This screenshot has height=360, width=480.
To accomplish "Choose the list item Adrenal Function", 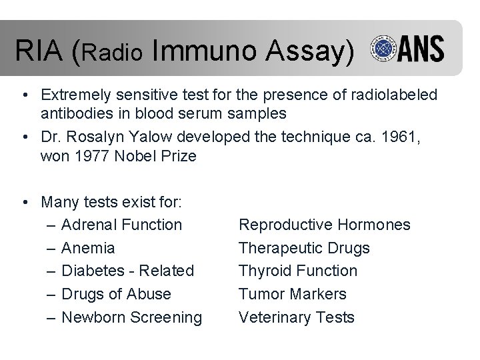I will [x=121, y=225].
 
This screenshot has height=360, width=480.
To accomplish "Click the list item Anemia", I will [x=88, y=248].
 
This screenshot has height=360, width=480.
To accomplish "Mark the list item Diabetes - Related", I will [x=127, y=271].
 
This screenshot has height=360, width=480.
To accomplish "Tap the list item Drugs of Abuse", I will [x=116, y=294].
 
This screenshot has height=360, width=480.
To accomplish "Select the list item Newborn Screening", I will [x=131, y=317].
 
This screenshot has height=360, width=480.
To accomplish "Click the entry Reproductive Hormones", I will [x=325, y=225].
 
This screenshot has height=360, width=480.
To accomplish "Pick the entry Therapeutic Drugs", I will [x=304, y=248].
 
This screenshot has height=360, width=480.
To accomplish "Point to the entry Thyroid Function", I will [x=298, y=271].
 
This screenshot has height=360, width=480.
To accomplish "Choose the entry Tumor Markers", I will [x=293, y=294].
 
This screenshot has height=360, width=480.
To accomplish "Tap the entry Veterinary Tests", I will [x=297, y=317].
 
